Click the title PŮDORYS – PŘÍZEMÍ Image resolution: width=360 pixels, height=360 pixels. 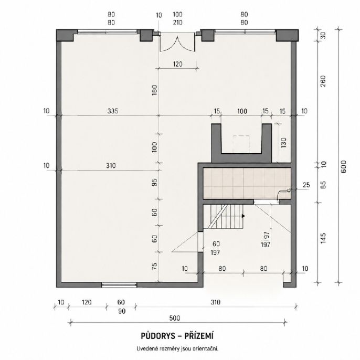point(177,336)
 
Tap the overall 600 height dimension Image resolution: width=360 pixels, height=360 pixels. point(344,167)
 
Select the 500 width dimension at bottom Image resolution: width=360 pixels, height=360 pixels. point(175,318)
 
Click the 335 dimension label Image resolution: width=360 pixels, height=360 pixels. point(113,111)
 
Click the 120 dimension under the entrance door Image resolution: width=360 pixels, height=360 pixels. point(177,64)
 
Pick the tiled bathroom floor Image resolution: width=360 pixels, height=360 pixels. point(247,184)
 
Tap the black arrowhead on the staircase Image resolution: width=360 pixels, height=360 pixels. point(243,216)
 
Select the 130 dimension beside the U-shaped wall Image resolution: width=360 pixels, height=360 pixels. point(283,143)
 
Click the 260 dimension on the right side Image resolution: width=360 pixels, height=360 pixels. point(323,81)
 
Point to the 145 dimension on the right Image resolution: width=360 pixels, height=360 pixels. point(323,238)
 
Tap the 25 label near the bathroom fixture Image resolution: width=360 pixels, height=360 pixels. point(306,185)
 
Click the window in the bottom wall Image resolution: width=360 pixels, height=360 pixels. point(119,285)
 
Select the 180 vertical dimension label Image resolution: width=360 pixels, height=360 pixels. point(154,90)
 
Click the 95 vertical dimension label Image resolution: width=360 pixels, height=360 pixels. point(155,182)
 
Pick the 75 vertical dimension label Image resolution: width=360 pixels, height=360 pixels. point(155,266)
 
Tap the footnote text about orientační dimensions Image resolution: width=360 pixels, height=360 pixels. point(177,349)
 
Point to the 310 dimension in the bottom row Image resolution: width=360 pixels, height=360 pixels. point(215,302)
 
